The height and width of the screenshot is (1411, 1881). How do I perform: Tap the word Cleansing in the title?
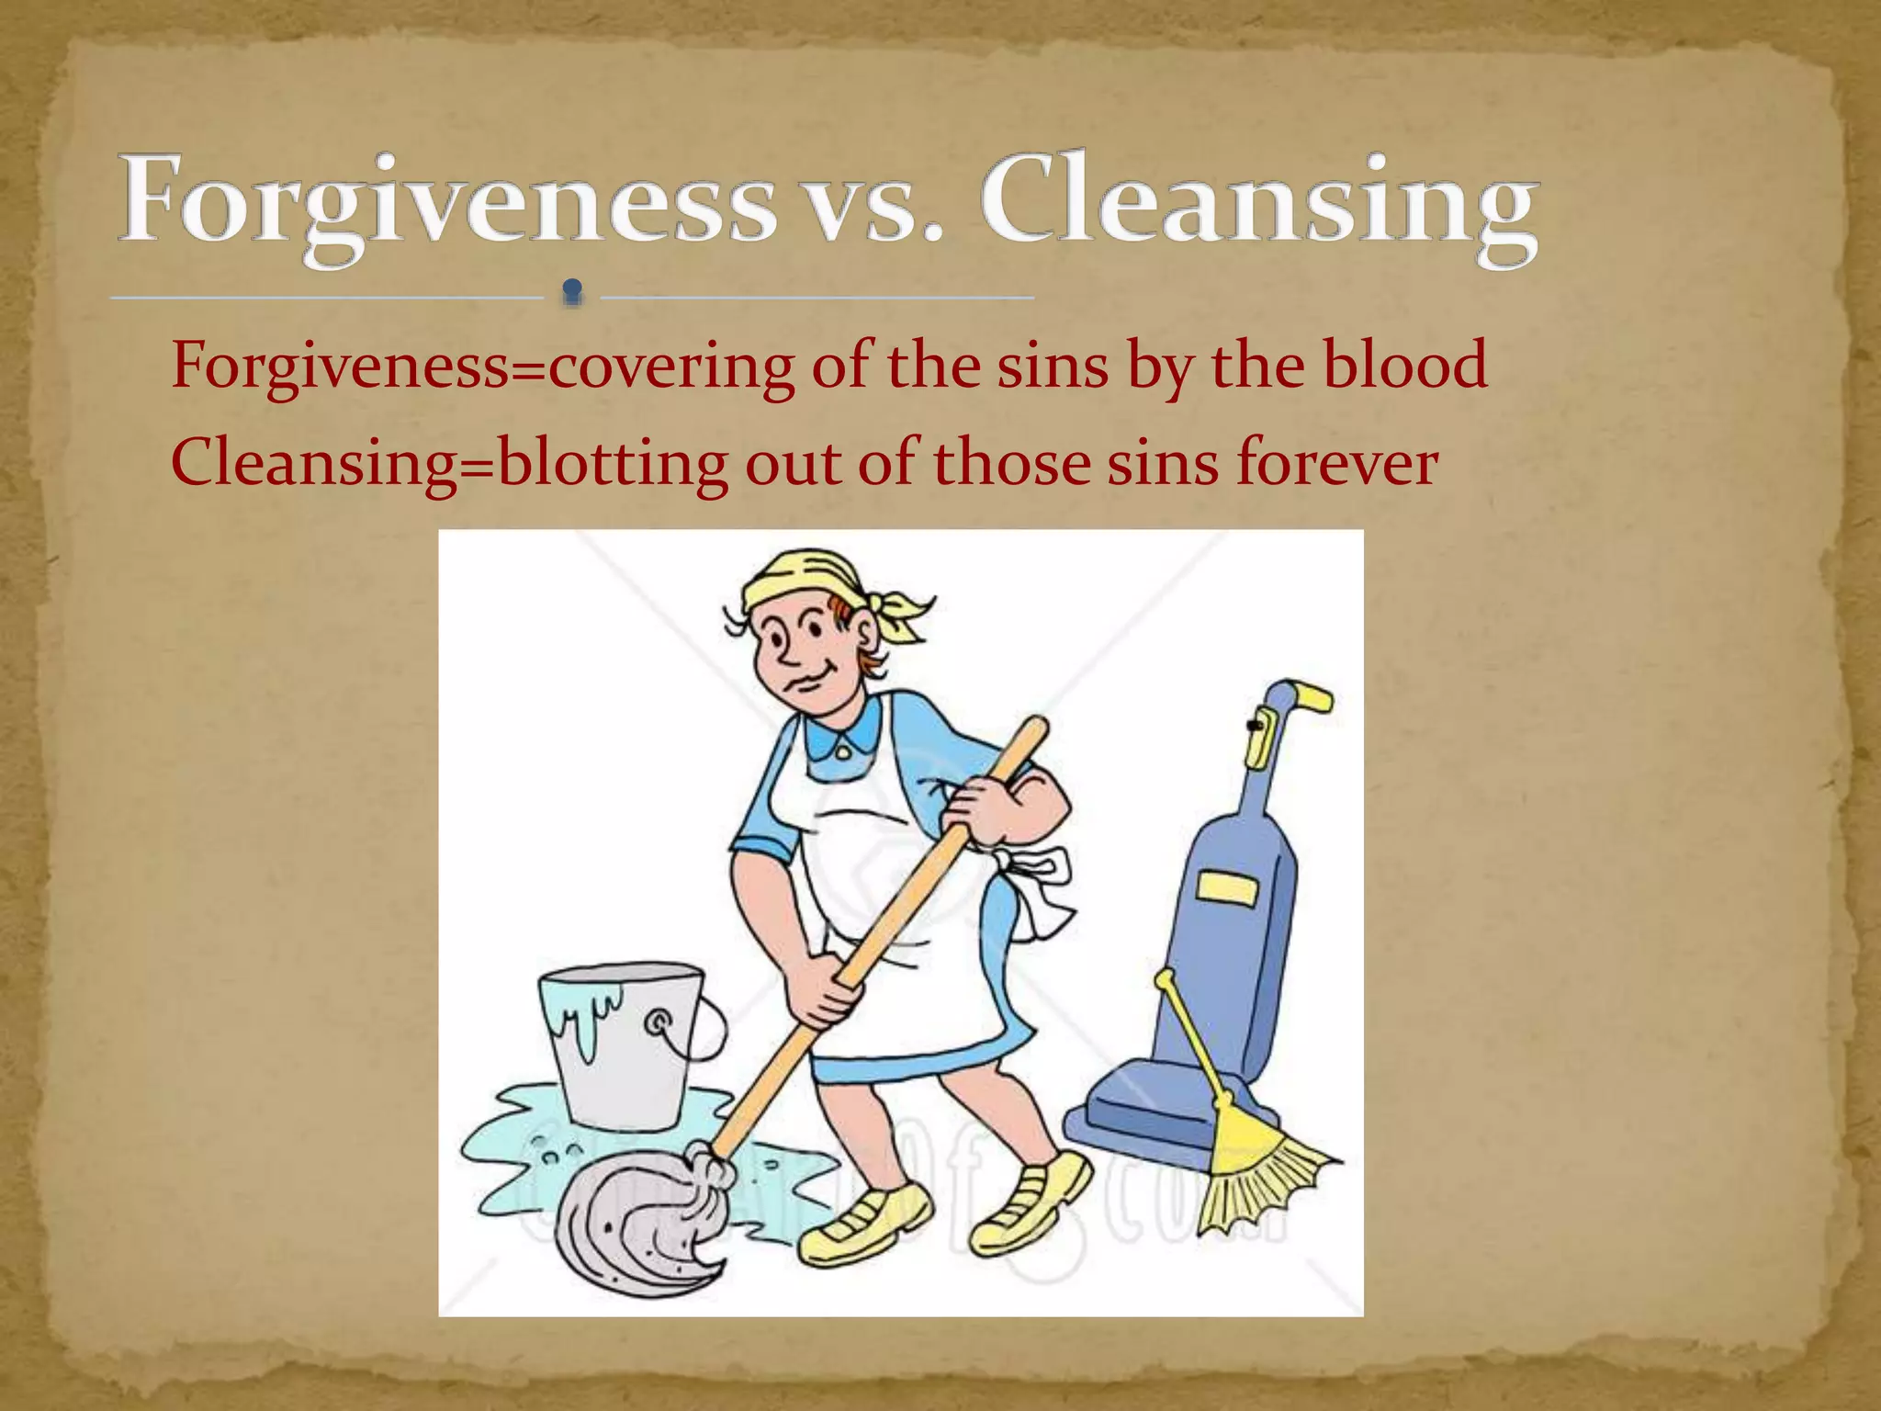(x=1258, y=200)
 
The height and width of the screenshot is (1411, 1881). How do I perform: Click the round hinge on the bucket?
(x=659, y=1022)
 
